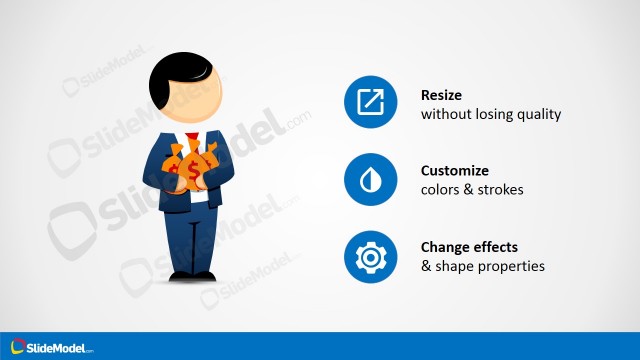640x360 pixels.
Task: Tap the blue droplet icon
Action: tap(371, 179)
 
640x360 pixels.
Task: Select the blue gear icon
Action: tap(371, 257)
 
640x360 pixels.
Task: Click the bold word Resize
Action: tap(443, 96)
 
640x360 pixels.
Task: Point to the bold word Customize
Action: tap(455, 171)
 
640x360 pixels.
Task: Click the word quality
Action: tap(541, 114)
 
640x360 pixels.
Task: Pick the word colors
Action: tap(439, 189)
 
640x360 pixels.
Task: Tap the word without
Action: tap(445, 114)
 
